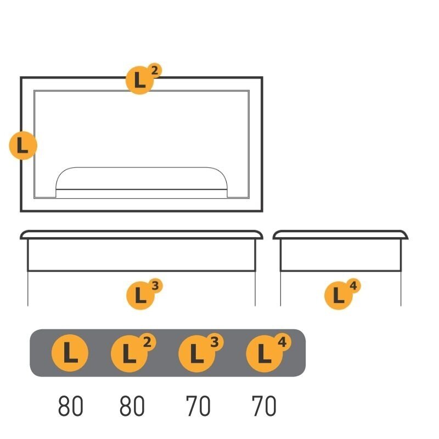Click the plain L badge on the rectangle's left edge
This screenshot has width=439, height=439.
23,145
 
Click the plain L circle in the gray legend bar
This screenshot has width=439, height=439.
70,353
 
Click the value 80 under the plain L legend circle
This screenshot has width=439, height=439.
71,406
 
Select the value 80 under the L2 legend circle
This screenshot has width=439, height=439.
132,406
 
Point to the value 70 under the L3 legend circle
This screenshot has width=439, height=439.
198,406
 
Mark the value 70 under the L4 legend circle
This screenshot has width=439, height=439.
264,406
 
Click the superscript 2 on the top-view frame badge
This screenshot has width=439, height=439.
155,71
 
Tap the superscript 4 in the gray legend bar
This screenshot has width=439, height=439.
282,342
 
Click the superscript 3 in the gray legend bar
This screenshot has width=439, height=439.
215,342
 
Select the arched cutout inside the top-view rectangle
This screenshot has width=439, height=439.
142,168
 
